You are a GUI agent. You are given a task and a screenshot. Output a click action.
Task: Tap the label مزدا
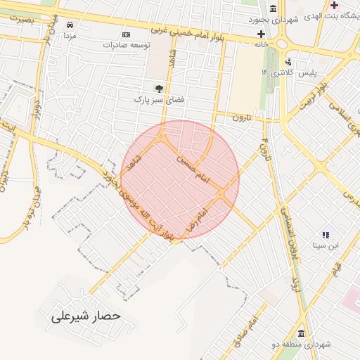[x=70, y=35]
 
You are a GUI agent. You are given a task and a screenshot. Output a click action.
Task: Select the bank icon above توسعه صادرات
[x=126, y=34]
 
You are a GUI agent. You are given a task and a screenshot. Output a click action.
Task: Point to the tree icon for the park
[x=159, y=89]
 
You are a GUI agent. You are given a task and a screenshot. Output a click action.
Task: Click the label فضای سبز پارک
[x=160, y=100]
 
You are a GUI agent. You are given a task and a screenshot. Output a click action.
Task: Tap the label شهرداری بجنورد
[x=275, y=20]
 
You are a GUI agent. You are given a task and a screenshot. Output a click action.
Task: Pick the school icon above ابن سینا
[x=326, y=235]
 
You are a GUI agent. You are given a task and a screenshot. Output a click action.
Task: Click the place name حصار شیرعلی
[x=86, y=316]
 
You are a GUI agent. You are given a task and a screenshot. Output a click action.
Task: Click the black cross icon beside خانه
[x=261, y=33]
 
